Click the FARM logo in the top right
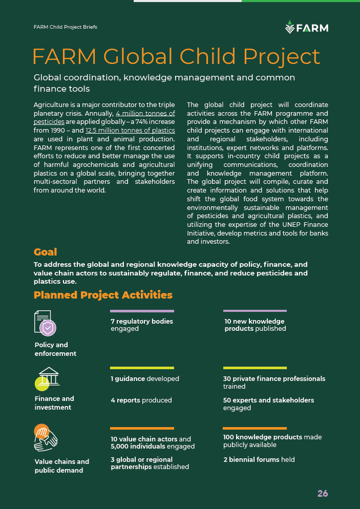pos(306,27)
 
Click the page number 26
pos(323,494)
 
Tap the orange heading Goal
pos(45,252)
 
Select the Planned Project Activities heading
pos(103,295)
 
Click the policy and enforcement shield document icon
pos(45,323)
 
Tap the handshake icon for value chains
pos(46,436)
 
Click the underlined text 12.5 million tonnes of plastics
pos(130,131)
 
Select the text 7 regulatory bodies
pos(142,322)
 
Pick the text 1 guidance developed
pos(145,379)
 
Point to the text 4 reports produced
pos(141,400)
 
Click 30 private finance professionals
pos(274,379)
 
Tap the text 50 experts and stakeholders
pos(268,400)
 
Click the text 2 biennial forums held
pos(259,459)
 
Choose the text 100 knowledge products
pos(263,437)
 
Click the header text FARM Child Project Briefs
pos(65,27)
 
